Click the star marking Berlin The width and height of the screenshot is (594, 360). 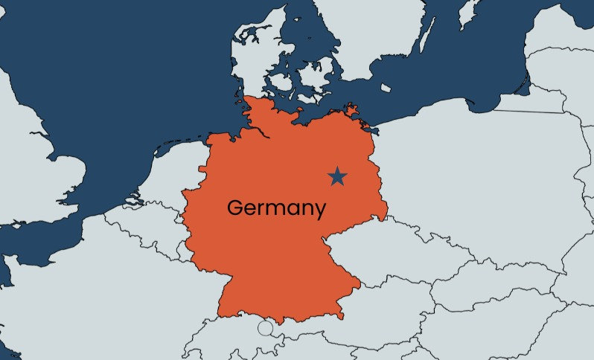[x=337, y=176]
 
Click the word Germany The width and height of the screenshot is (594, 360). [x=276, y=208]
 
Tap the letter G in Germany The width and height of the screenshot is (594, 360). [x=235, y=208]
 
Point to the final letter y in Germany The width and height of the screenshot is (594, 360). [x=319, y=210]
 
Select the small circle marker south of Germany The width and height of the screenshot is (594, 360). [x=265, y=328]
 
